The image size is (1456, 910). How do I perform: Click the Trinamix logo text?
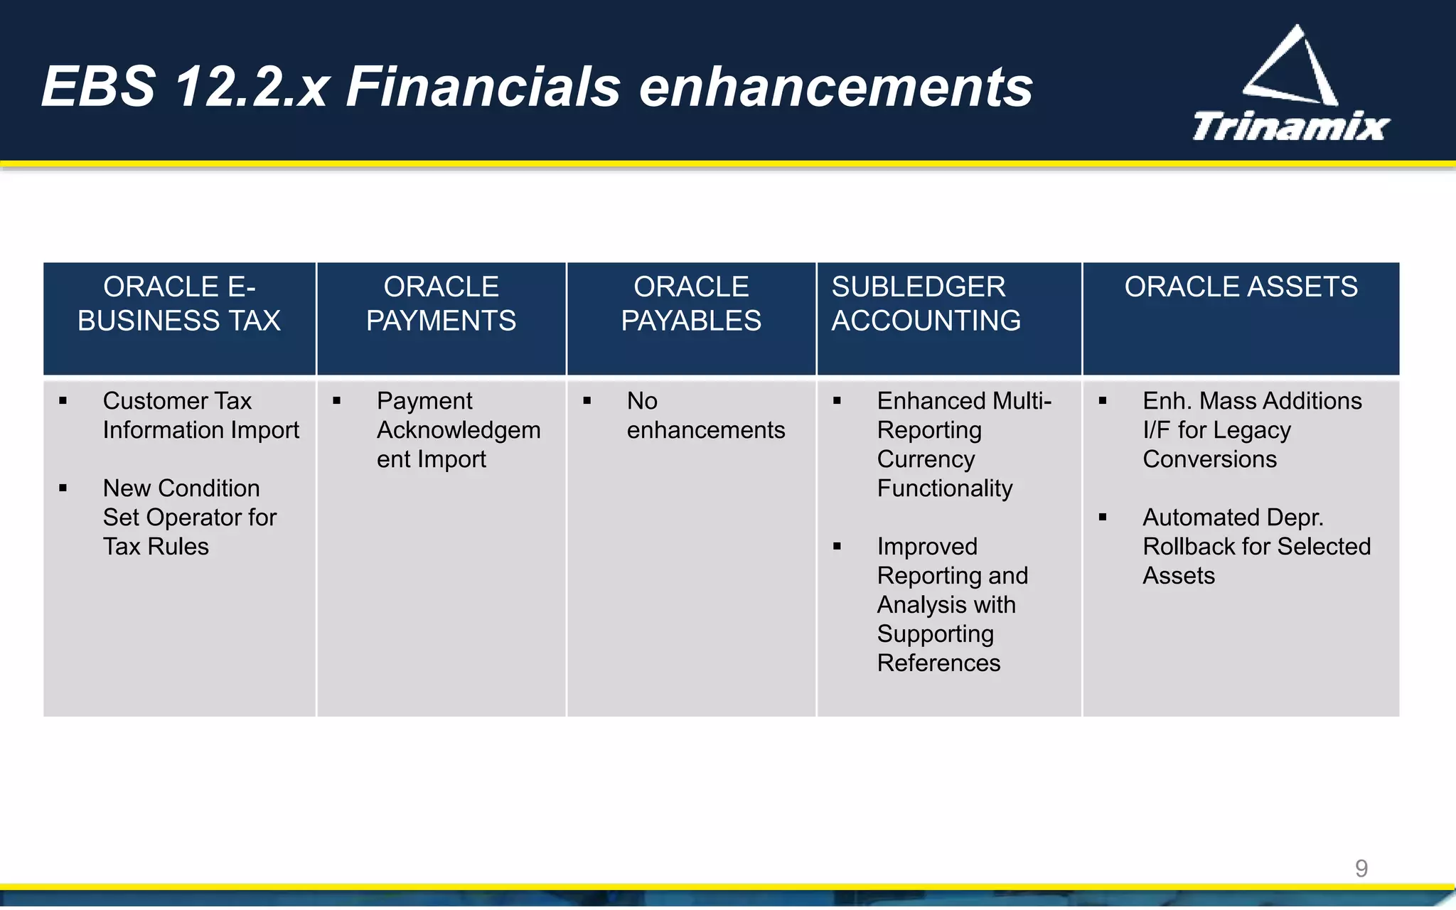click(x=1290, y=127)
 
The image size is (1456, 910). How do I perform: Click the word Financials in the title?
click(x=483, y=87)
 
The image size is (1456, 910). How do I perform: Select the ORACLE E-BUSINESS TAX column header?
click(x=179, y=304)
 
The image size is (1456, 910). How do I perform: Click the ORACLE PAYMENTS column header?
click(x=441, y=304)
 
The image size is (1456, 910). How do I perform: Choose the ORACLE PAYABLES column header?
click(x=691, y=304)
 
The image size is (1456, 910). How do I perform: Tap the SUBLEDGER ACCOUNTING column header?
click(x=926, y=304)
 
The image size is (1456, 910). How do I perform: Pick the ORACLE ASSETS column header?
click(x=1241, y=287)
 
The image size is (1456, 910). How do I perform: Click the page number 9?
click(x=1361, y=868)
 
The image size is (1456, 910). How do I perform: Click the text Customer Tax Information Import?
click(x=200, y=415)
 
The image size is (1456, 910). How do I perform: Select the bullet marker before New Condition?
click(x=63, y=488)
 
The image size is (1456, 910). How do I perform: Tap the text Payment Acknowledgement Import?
click(x=458, y=430)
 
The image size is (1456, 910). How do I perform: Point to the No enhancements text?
click(x=705, y=415)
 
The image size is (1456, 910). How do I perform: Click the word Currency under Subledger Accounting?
click(x=926, y=459)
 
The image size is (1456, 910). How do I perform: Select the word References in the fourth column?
click(x=938, y=663)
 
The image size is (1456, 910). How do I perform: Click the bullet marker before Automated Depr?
click(x=1103, y=518)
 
